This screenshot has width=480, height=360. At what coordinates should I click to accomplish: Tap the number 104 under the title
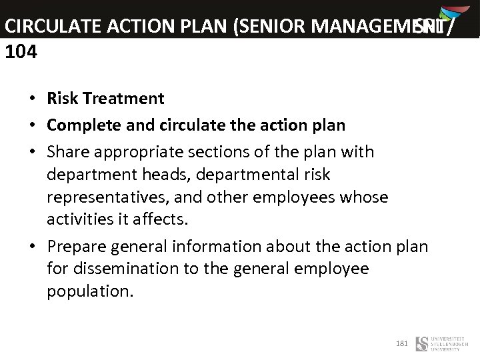tap(21, 51)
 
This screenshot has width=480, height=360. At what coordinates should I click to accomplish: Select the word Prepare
tap(77, 246)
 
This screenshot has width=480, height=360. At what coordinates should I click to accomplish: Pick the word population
tap(90, 292)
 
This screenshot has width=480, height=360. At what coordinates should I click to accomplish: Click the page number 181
tap(401, 343)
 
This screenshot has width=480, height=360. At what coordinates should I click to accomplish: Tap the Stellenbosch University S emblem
tap(422, 344)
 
